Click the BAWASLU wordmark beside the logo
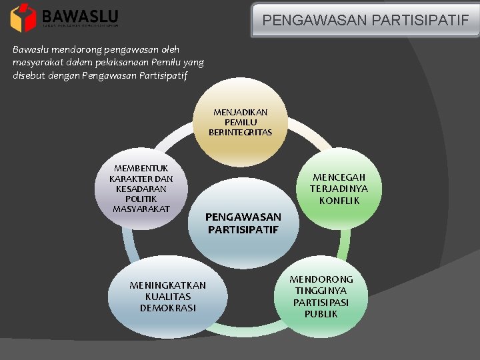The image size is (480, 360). pyautogui.click(x=79, y=16)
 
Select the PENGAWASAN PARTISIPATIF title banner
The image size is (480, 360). pyautogui.click(x=365, y=20)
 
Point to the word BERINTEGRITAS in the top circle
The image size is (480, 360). pyautogui.click(x=240, y=133)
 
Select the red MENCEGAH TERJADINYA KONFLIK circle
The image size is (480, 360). pyautogui.click(x=338, y=187)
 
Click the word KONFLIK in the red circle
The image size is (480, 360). pyautogui.click(x=339, y=201)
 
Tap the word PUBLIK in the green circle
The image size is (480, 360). pyautogui.click(x=321, y=314)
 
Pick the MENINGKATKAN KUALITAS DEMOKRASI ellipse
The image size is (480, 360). pyautogui.click(x=167, y=297)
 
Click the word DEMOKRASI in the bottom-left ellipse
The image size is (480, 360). pyautogui.click(x=167, y=308)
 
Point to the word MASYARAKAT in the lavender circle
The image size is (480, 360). pyautogui.click(x=141, y=209)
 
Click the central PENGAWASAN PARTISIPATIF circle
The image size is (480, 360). pyautogui.click(x=243, y=227)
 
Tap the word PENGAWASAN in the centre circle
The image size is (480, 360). pyautogui.click(x=243, y=217)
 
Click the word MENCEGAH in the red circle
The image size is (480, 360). pyautogui.click(x=339, y=177)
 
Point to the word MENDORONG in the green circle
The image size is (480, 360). pyautogui.click(x=321, y=279)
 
